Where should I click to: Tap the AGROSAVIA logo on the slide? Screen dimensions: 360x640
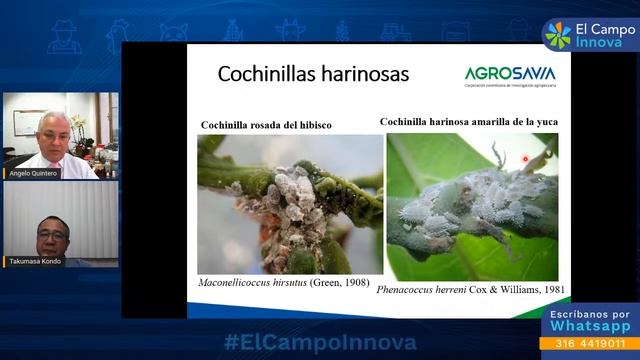pyautogui.click(x=510, y=75)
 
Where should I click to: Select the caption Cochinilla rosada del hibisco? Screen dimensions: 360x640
pyautogui.click(x=267, y=125)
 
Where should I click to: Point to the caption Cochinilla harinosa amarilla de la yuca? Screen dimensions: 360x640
pyautogui.click(x=469, y=122)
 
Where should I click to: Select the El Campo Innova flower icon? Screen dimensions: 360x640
pyautogui.click(x=558, y=33)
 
